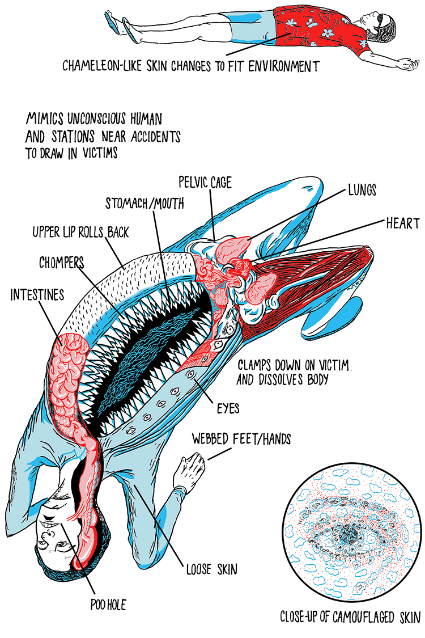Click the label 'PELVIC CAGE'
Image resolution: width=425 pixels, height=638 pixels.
[205, 183]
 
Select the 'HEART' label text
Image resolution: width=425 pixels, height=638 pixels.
[403, 223]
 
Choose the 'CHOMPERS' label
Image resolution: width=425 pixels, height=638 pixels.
[62, 263]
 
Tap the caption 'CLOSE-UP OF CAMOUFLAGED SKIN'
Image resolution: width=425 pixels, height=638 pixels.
[351, 617]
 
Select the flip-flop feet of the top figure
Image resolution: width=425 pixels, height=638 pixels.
[116, 23]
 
